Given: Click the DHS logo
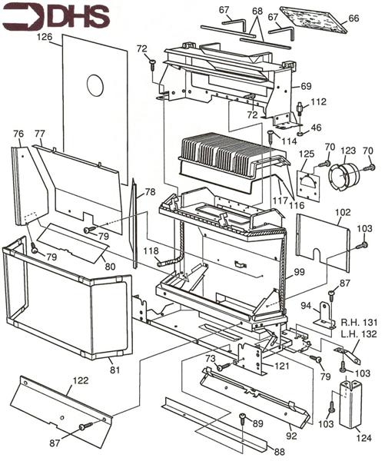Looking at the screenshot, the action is tap(56, 17).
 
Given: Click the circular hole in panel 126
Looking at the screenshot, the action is tap(95, 85).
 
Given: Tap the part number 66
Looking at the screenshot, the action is tap(353, 18).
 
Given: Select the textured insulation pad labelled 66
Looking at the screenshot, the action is tap(313, 20).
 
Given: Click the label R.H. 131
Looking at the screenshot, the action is tap(359, 323).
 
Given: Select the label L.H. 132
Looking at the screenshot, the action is tap(359, 334).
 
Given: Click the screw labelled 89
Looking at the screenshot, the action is tap(242, 419).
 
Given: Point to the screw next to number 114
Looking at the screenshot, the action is tap(270, 137).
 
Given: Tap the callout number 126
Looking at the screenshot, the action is tap(45, 37).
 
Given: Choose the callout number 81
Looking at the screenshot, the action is tap(115, 370).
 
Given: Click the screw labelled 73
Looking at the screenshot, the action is tap(224, 366).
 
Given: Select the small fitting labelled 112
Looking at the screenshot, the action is tap(300, 108).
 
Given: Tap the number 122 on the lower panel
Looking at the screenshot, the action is tap(80, 380).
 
